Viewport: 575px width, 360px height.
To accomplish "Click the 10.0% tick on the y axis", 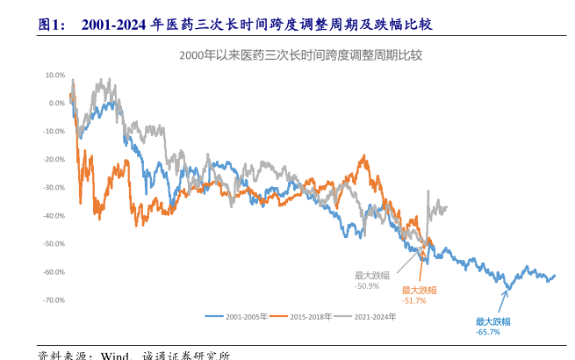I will coord(54,75).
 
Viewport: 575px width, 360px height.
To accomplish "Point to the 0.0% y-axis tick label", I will coord(55,103).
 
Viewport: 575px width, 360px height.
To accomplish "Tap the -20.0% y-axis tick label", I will coord(54,159).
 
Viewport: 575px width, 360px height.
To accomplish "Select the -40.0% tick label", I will coord(54,215).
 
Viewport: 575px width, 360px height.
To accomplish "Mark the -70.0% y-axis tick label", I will coord(54,299).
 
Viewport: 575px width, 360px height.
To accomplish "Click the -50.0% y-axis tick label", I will coord(54,243).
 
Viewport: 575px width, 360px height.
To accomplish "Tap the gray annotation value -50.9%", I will coord(367,286).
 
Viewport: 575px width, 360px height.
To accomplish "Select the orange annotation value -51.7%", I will coord(414,300).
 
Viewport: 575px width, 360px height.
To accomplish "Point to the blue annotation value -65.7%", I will coord(488,332).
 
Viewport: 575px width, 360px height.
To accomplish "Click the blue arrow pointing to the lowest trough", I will coord(503,302).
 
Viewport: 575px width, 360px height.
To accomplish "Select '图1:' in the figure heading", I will coord(52,25).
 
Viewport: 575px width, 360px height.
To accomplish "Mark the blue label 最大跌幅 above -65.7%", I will coord(492,321).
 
